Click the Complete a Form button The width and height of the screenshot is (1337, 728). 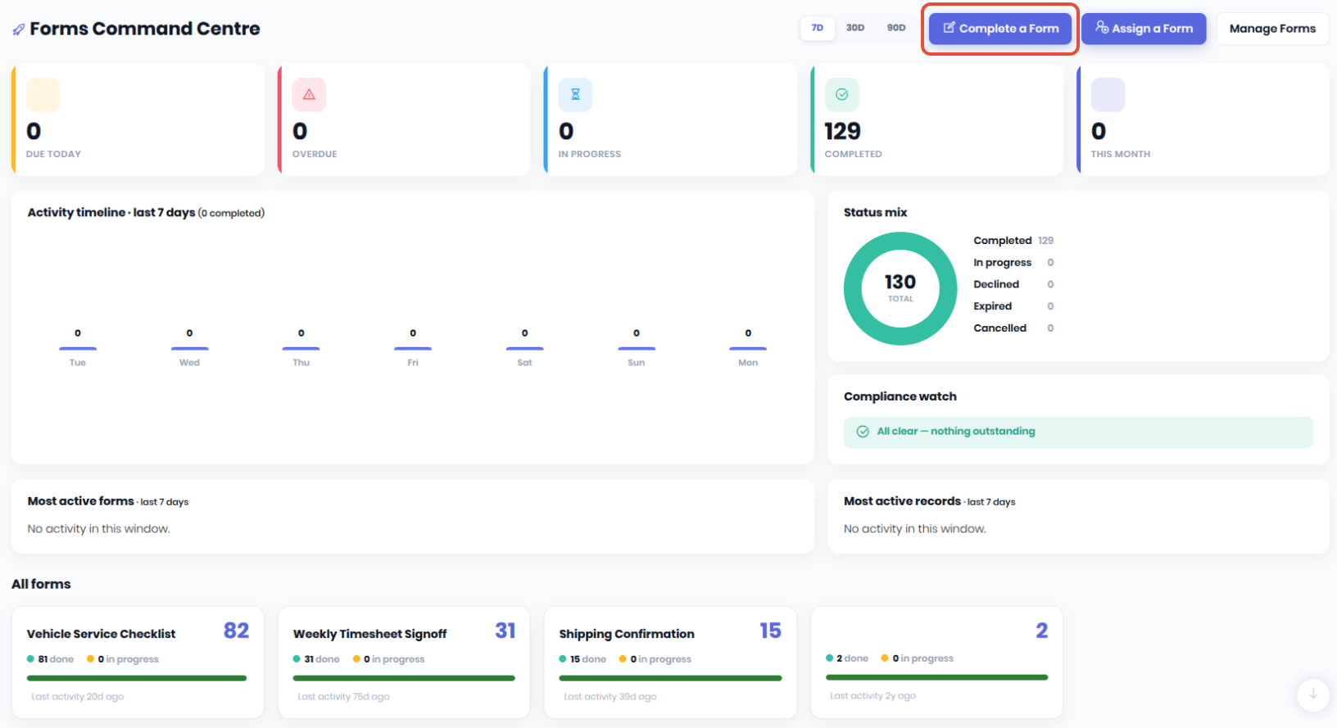[x=1000, y=29]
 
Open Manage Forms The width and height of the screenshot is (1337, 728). [x=1272, y=29]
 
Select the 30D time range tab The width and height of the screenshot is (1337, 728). [x=854, y=28]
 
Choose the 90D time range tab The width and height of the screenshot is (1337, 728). [x=896, y=28]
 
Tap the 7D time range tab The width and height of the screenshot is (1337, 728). [x=817, y=28]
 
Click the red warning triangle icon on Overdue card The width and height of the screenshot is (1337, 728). [x=309, y=94]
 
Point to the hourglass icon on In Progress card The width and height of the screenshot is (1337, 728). [x=575, y=94]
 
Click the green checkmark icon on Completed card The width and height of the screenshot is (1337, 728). [x=841, y=94]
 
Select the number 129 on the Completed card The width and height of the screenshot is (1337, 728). [x=842, y=131]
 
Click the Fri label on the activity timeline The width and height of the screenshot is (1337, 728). [x=412, y=362]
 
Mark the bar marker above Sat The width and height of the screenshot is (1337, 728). [x=524, y=349]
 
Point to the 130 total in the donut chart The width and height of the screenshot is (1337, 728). [x=900, y=282]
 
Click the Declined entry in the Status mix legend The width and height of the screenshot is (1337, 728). [x=996, y=284]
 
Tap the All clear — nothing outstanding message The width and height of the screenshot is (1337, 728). [x=955, y=432]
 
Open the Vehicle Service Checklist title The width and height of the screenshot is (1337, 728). [x=101, y=634]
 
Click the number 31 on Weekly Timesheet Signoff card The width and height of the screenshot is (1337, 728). [x=505, y=631]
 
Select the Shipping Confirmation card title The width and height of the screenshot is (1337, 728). [x=627, y=634]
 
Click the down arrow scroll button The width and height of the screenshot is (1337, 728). [x=1313, y=694]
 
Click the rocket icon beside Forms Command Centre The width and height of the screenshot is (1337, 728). [x=19, y=29]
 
